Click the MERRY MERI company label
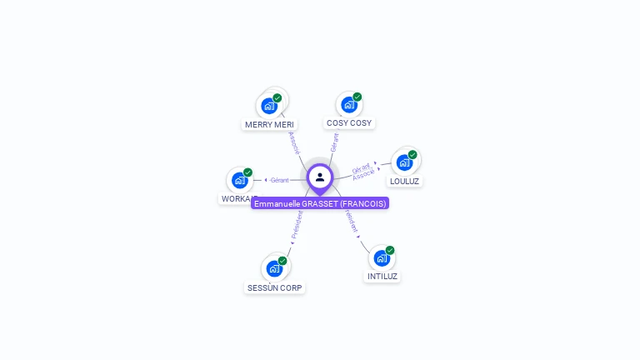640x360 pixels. pyautogui.click(x=269, y=124)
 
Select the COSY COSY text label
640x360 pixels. pyautogui.click(x=349, y=122)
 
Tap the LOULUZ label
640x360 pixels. pyautogui.click(x=405, y=181)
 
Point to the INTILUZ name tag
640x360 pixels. pyautogui.click(x=382, y=276)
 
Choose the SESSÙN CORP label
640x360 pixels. pyautogui.click(x=275, y=287)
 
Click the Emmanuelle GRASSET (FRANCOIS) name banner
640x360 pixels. pyautogui.click(x=321, y=203)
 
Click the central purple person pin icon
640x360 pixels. pyautogui.click(x=320, y=177)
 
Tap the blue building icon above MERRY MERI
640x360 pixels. pyautogui.click(x=268, y=106)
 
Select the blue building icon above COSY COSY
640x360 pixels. pyautogui.click(x=348, y=105)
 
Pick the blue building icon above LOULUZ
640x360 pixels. pyautogui.click(x=404, y=162)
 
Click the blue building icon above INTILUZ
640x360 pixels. pyautogui.click(x=382, y=258)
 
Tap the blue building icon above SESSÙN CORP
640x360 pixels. pyautogui.click(x=274, y=268)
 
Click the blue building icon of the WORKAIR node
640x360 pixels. pyautogui.click(x=240, y=180)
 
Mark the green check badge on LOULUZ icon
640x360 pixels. pyautogui.click(x=412, y=155)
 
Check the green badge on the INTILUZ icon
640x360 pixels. pyautogui.click(x=390, y=250)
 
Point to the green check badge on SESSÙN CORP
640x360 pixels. pyautogui.click(x=282, y=261)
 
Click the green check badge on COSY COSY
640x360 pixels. pyautogui.click(x=357, y=97)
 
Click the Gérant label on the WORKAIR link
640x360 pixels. pyautogui.click(x=279, y=180)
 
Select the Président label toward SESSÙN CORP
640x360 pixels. pyautogui.click(x=297, y=225)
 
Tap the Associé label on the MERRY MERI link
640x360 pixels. pyautogui.click(x=293, y=142)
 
